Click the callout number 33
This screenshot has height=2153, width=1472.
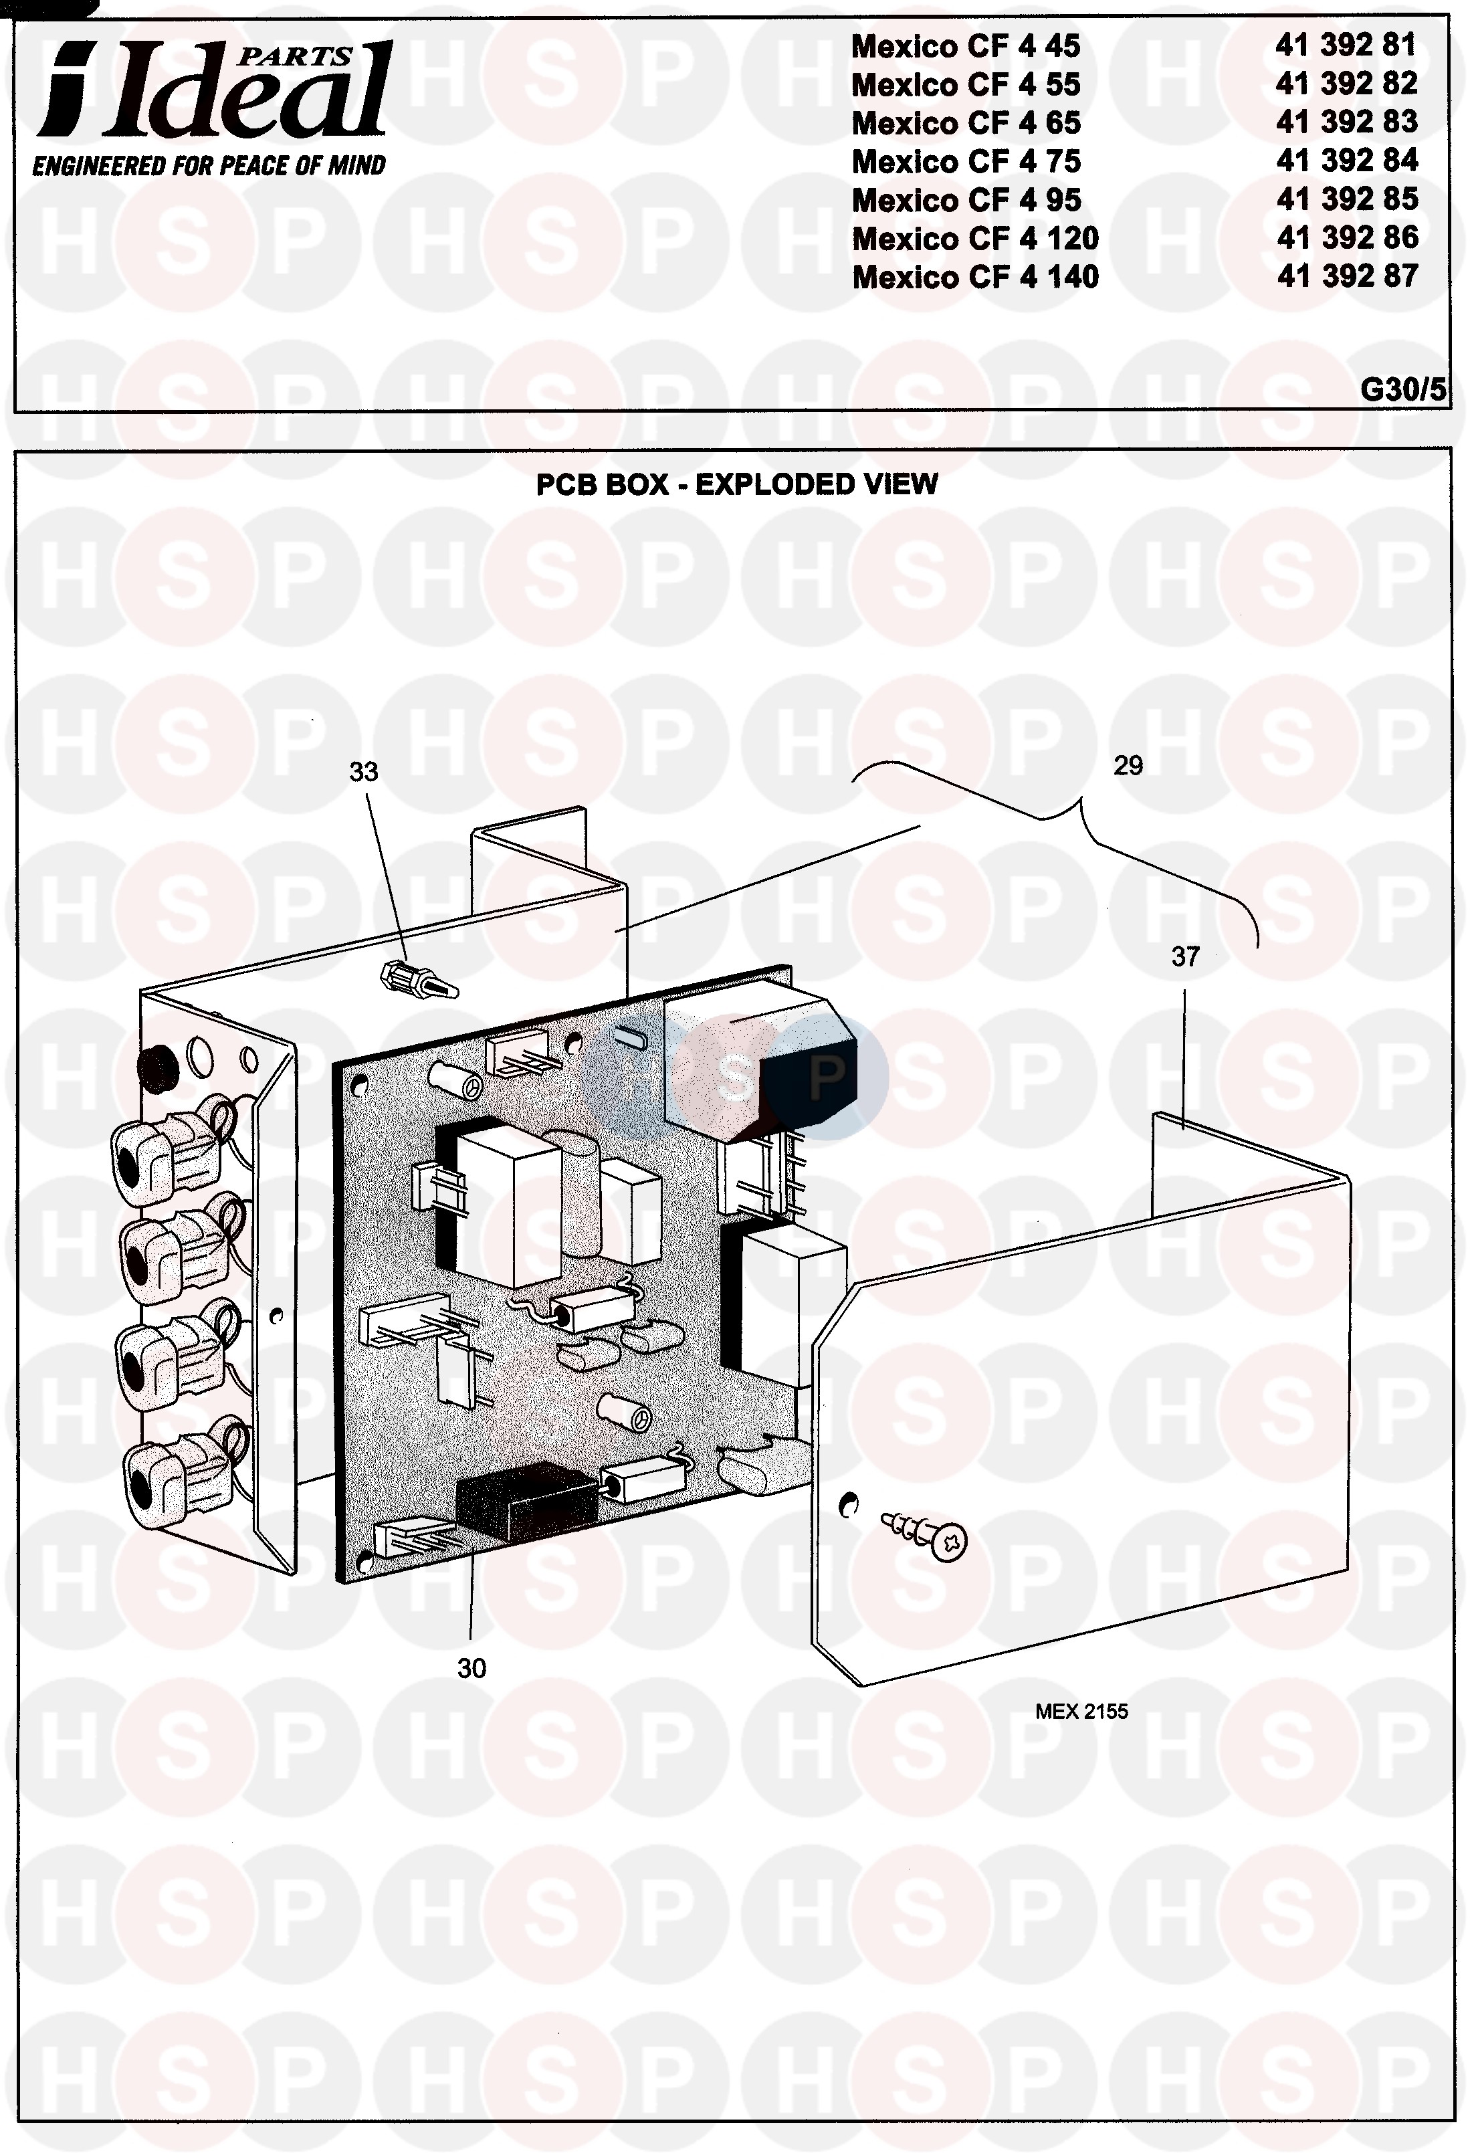(x=363, y=772)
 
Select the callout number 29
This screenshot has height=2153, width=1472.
(x=1128, y=765)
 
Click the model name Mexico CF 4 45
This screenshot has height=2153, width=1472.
(x=965, y=46)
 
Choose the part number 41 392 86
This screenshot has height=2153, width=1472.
(x=1347, y=238)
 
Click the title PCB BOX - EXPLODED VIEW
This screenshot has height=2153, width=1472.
(x=736, y=484)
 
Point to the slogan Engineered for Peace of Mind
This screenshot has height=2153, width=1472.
(x=209, y=166)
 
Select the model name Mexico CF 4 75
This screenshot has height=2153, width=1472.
(x=965, y=161)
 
